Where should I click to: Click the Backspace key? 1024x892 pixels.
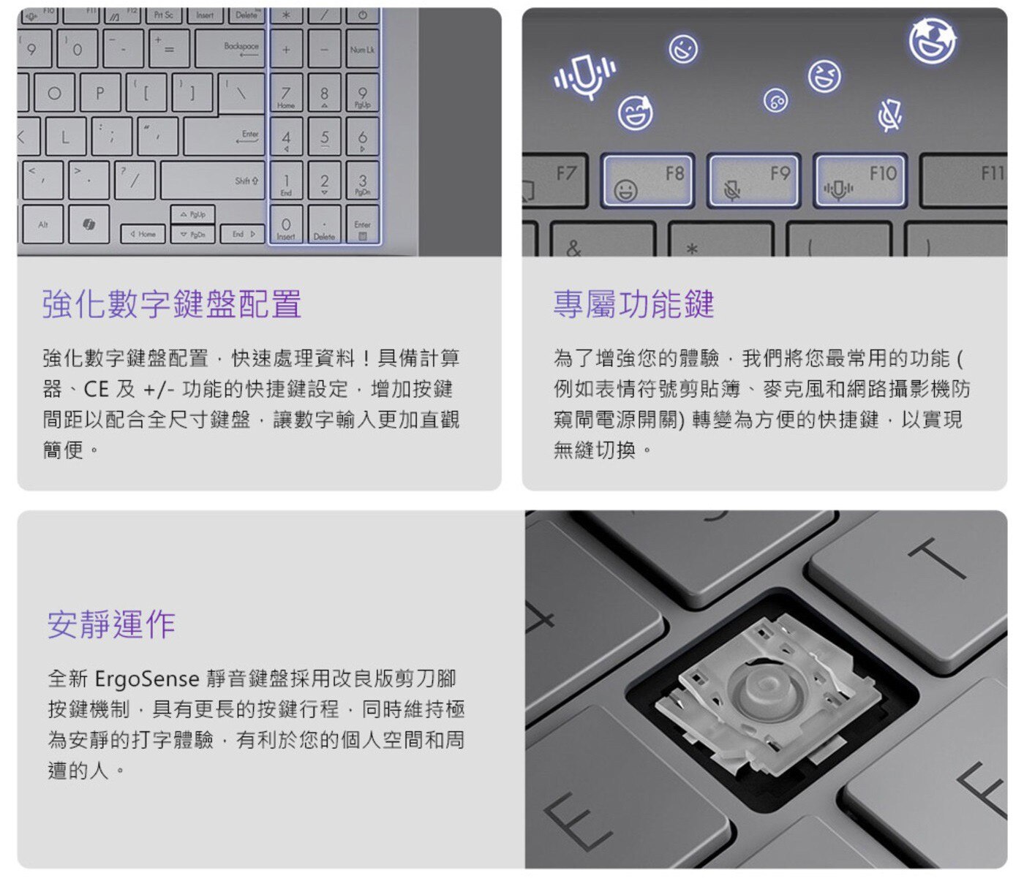click(230, 48)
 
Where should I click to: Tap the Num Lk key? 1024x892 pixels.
click(362, 48)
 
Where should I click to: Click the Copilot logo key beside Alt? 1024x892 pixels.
click(89, 224)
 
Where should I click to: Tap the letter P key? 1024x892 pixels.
click(99, 93)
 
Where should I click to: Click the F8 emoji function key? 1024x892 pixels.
click(647, 181)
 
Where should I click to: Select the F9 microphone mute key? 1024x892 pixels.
click(753, 181)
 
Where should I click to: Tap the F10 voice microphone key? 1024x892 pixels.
click(859, 181)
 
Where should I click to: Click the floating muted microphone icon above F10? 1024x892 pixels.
click(889, 115)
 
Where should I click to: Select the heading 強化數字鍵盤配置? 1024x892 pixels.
click(172, 304)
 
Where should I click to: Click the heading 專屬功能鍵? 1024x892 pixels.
click(633, 304)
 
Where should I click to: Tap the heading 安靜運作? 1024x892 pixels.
click(111, 624)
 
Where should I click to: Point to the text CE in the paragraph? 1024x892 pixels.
click(96, 389)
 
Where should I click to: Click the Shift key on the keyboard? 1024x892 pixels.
click(213, 181)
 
